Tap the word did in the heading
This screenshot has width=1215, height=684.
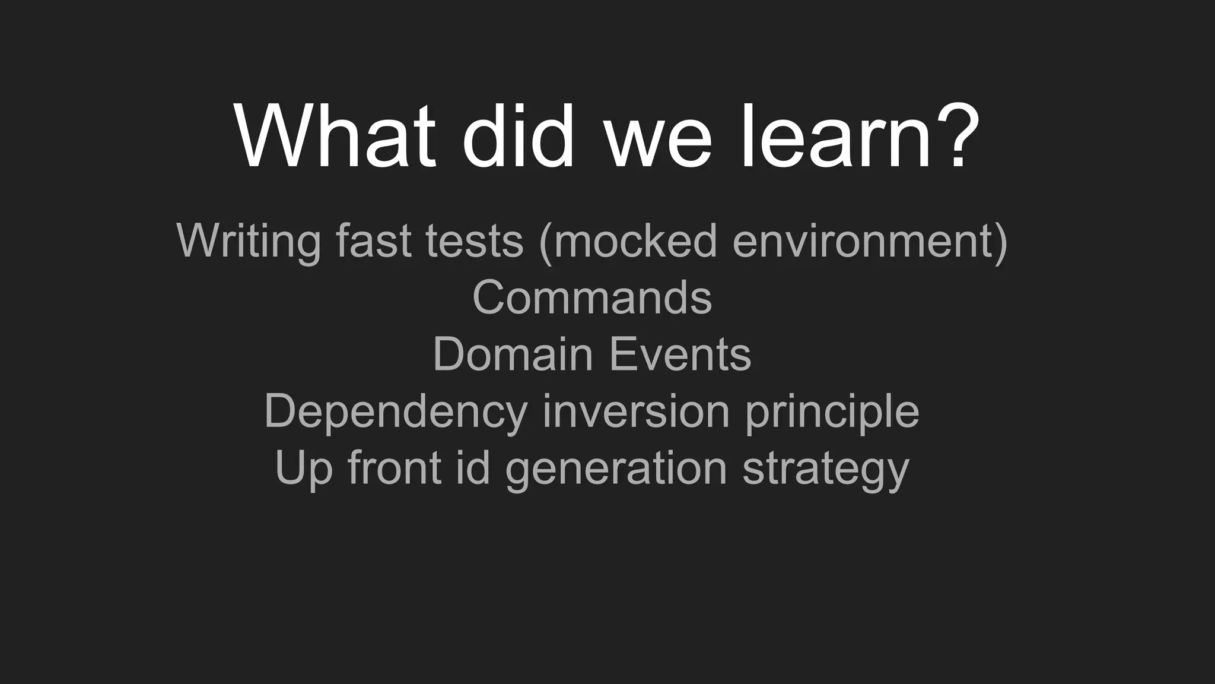point(518,138)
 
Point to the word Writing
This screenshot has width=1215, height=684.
point(248,241)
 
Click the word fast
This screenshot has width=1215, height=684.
point(373,240)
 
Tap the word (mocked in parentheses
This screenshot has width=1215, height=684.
point(628,241)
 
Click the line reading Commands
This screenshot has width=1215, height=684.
point(592,297)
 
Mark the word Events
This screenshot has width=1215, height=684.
point(680,354)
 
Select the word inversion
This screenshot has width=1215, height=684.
point(636,411)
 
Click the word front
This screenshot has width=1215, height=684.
point(395,468)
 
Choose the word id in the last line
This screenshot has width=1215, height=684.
point(473,468)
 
